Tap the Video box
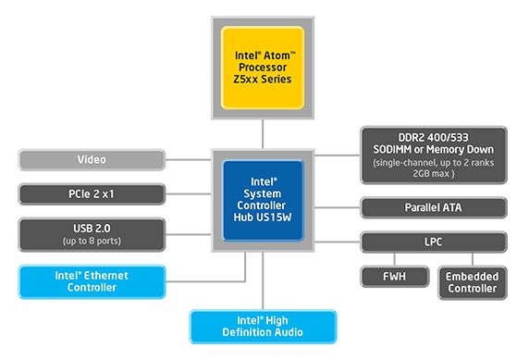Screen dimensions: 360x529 92,160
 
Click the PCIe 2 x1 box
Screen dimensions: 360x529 92,194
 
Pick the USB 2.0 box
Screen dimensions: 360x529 92,235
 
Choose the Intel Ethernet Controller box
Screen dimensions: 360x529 92,281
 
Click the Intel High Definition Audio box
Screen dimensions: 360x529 264,326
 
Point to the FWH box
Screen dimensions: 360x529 394,277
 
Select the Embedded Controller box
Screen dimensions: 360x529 472,282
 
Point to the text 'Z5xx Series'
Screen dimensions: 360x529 263,80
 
